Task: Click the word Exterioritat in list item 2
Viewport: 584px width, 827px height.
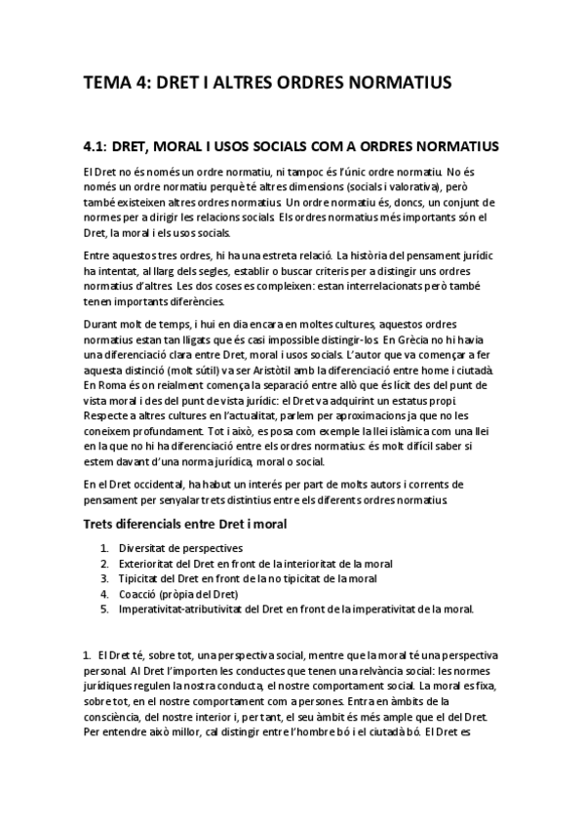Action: [x=147, y=564]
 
